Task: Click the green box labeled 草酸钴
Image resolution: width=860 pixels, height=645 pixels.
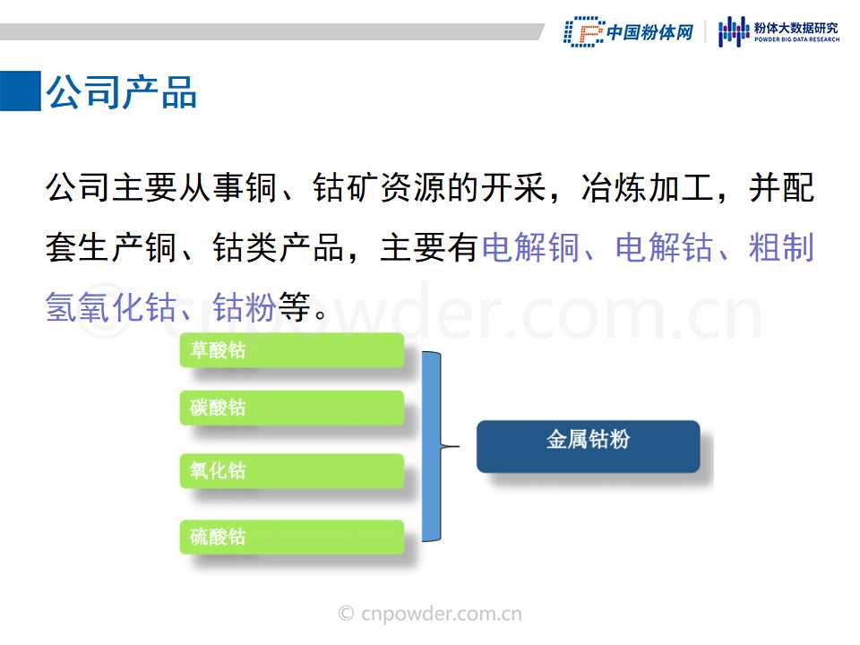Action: pos(292,350)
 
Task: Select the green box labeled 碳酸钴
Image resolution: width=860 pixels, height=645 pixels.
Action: pos(292,408)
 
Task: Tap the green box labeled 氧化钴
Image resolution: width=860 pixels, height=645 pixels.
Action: pos(292,470)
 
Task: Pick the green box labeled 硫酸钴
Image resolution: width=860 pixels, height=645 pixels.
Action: pos(292,537)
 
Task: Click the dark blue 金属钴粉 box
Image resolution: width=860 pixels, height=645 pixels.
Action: pos(588,446)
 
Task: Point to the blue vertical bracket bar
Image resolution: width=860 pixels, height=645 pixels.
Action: pos(431,446)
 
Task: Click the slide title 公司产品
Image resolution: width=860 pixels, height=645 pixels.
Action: pos(121,91)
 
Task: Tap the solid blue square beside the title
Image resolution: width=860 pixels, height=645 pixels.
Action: pos(21,90)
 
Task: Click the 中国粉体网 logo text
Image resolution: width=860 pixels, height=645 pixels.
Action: pos(650,32)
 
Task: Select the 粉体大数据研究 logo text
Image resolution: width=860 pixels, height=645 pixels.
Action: pos(796,28)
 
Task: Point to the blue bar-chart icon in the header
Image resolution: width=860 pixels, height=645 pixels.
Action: pos(734,31)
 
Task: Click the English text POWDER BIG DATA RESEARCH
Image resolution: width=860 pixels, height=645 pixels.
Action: pos(796,39)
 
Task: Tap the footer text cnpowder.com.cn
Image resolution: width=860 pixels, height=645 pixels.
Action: pos(442,614)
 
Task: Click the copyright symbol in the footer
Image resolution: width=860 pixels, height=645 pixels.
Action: pos(346,613)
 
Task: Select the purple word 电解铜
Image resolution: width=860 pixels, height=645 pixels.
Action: pos(531,247)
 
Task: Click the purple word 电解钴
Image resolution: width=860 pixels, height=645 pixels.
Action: pos(664,247)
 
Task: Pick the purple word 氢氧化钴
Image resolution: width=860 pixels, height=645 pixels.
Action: pos(111,306)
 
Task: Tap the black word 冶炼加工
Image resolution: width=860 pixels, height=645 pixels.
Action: pos(648,188)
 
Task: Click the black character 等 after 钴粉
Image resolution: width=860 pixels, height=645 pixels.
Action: pos(295,306)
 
